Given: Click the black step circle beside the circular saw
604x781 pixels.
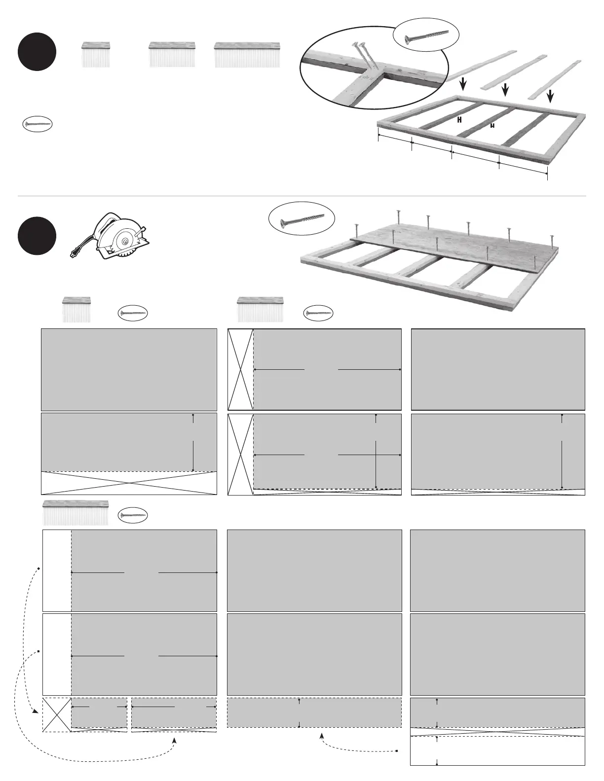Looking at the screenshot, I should [x=37, y=236].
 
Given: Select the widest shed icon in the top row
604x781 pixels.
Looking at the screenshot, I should [x=247, y=54].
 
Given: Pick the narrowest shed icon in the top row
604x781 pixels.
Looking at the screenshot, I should [x=96, y=54].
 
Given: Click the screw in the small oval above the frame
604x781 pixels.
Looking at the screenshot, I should [x=426, y=36].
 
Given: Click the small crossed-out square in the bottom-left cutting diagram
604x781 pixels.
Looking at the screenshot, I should [x=57, y=715].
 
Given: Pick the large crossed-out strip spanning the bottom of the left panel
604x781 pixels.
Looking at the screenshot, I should [x=129, y=483].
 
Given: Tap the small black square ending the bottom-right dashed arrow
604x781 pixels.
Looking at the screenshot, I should [x=397, y=751].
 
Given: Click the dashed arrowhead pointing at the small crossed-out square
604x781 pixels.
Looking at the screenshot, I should [x=36, y=712].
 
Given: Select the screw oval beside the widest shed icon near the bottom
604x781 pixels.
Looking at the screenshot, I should [x=134, y=515].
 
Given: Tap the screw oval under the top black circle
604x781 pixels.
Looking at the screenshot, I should [x=38, y=123].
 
